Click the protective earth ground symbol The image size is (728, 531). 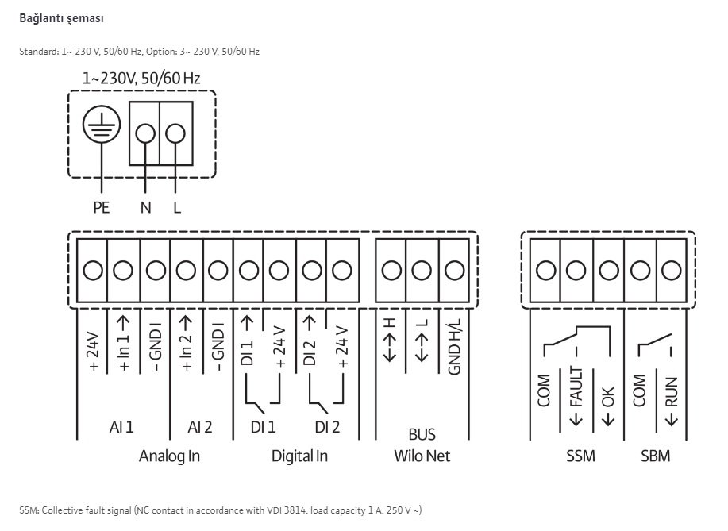[102, 125]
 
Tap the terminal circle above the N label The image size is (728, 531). [145, 133]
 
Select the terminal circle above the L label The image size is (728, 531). [175, 133]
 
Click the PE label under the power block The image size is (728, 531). [101, 207]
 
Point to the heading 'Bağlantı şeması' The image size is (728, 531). [61, 18]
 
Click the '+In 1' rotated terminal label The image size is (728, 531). [124, 344]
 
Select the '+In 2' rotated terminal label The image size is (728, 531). [186, 344]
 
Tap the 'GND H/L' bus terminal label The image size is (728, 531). [454, 346]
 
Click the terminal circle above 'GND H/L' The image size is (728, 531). [454, 270]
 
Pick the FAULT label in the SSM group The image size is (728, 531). [576, 396]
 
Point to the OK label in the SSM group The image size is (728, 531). [608, 406]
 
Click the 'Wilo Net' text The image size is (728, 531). [422, 456]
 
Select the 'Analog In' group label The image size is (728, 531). [169, 456]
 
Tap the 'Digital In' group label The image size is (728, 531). [299, 456]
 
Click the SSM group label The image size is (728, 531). [580, 456]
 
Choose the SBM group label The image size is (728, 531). [656, 456]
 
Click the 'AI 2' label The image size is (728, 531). [199, 427]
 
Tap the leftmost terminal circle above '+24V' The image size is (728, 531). [93, 270]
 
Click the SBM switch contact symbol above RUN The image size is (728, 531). [656, 344]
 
